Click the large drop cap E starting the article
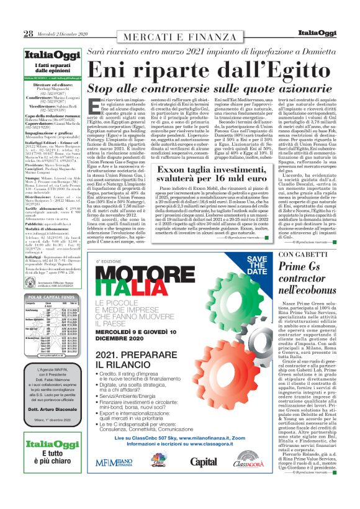[93, 107]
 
